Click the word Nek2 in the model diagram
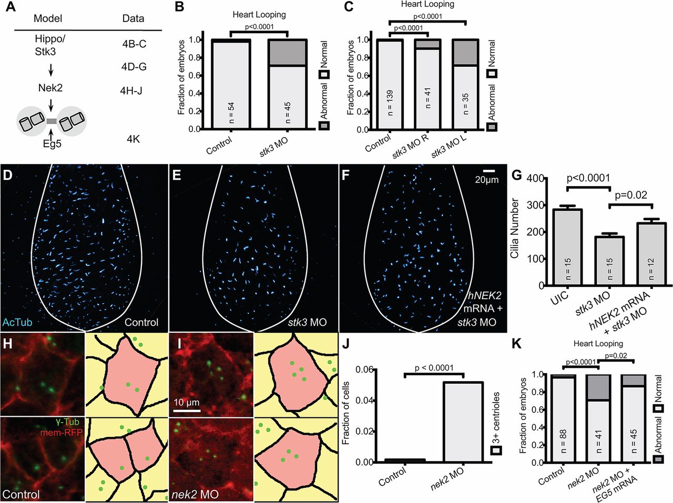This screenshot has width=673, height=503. (x=50, y=88)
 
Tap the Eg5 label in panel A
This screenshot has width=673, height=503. (x=52, y=143)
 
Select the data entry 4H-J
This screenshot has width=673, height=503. (x=131, y=90)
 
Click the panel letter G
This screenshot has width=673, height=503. (x=517, y=174)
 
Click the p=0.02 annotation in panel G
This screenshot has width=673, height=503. (x=630, y=195)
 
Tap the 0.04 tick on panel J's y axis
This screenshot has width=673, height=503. (x=364, y=401)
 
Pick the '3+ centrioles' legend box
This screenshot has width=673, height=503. (x=496, y=450)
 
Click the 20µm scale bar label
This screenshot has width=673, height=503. (x=486, y=180)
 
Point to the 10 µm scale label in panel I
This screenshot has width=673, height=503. (x=187, y=403)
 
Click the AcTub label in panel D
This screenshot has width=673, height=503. (x=15, y=322)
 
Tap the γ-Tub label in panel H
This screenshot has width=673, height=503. (x=68, y=422)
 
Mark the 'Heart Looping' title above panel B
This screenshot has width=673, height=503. (x=260, y=14)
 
